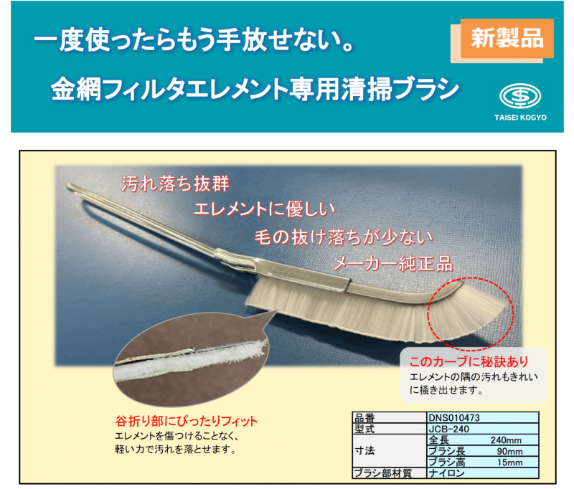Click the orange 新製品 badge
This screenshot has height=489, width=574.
(x=507, y=39)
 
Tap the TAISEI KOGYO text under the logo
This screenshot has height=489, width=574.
(x=520, y=118)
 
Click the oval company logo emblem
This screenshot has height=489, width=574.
(x=520, y=96)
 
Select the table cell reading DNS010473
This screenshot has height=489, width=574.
(x=483, y=418)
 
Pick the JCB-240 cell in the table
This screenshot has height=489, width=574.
(x=483, y=429)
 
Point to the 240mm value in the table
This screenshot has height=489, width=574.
(x=506, y=440)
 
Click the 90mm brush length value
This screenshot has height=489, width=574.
(x=509, y=451)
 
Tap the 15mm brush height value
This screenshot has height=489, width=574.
(x=509, y=462)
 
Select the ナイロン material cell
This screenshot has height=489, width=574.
(x=483, y=473)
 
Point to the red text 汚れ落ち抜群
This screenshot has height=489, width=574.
(x=175, y=184)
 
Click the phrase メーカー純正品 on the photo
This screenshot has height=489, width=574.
(x=393, y=264)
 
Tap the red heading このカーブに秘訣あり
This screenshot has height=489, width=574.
(x=469, y=361)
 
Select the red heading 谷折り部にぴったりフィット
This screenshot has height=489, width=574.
(x=187, y=422)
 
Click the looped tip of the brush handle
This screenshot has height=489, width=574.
(x=70, y=187)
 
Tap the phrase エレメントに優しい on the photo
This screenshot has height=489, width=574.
(x=265, y=209)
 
